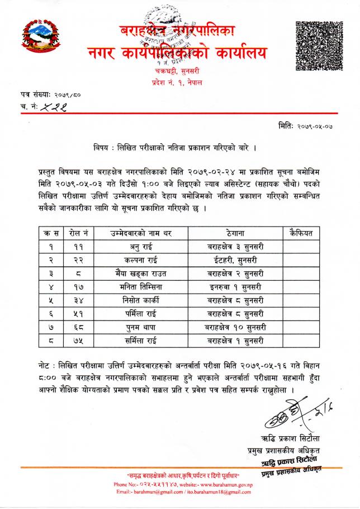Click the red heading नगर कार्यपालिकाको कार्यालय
pyautogui.click(x=177, y=53)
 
